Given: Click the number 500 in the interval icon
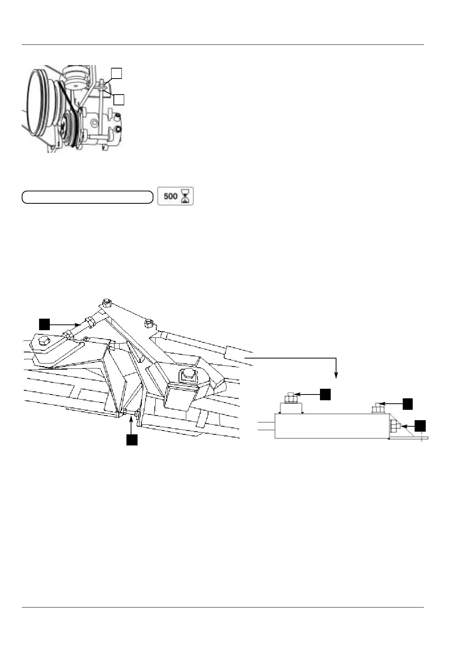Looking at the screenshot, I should point(170,196).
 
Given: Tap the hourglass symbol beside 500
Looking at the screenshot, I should point(187,196).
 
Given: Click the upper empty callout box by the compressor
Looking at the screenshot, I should point(116,73).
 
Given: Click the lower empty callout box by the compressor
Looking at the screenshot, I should point(119,100).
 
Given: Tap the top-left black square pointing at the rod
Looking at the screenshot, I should point(44,324).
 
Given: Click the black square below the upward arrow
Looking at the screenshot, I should point(132,440).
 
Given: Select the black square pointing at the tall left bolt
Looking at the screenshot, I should point(325,394).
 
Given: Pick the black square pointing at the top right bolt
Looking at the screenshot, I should point(408,403).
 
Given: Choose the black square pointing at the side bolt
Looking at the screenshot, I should point(420,425).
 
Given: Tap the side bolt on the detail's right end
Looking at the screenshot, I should point(395,426).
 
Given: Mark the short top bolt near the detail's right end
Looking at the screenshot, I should point(377,408).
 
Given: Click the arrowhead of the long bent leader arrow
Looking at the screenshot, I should point(336,376).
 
